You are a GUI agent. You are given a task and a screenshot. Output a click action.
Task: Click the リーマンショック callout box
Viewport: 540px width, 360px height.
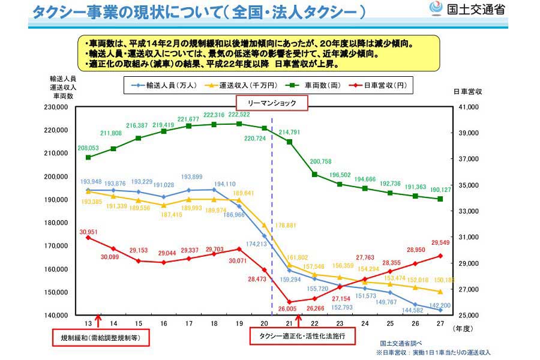[272, 103]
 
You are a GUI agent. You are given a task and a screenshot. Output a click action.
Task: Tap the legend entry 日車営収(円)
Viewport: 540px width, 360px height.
[384, 85]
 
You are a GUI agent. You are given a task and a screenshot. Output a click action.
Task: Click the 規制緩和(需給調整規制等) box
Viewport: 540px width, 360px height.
[100, 337]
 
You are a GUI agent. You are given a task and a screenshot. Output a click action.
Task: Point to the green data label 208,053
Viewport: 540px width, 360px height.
[88, 147]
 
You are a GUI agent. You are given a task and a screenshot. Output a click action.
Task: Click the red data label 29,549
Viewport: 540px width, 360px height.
[441, 244]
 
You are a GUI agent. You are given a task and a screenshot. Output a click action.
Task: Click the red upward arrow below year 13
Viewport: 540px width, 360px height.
[98, 322]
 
